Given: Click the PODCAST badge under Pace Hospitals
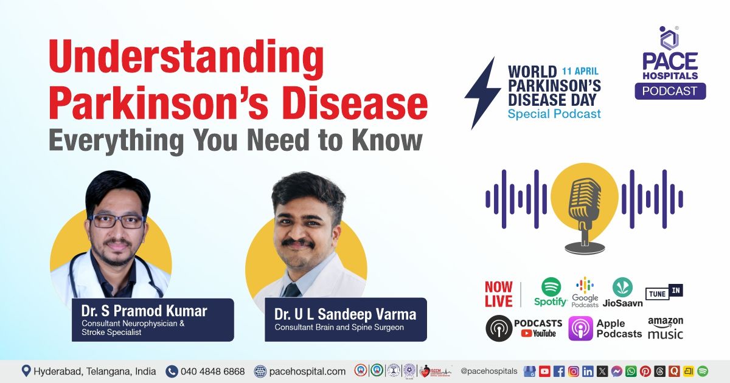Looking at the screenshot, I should tap(670, 91).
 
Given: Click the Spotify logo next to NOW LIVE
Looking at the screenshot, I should tap(551, 292).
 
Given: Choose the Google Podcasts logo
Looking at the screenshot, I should tap(585, 292).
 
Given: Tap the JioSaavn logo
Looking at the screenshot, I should tap(622, 292).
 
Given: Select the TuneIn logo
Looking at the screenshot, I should tap(664, 292).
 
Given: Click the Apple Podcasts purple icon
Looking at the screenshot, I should tap(580, 328).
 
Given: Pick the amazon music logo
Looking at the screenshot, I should tap(666, 328).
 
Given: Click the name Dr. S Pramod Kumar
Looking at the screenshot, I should tap(144, 311).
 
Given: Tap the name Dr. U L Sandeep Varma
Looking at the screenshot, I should tap(345, 314).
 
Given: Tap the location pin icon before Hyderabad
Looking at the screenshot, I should tap(26, 370).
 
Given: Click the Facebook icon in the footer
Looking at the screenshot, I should tap(558, 371).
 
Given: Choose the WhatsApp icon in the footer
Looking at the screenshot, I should tap(630, 371).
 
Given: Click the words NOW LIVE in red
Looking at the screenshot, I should tap(498, 294).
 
